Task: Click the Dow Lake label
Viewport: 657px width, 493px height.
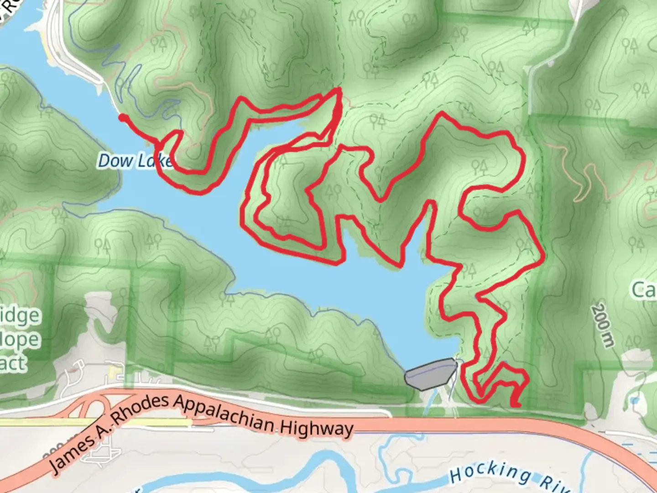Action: click(x=135, y=161)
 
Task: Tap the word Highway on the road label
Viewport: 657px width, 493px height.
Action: click(x=317, y=428)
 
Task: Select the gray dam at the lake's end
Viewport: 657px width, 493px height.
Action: click(x=430, y=373)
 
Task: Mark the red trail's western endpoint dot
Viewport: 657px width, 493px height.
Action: click(x=122, y=118)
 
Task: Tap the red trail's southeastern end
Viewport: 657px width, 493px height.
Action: click(x=516, y=404)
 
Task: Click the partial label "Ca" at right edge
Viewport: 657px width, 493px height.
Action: click(x=644, y=289)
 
